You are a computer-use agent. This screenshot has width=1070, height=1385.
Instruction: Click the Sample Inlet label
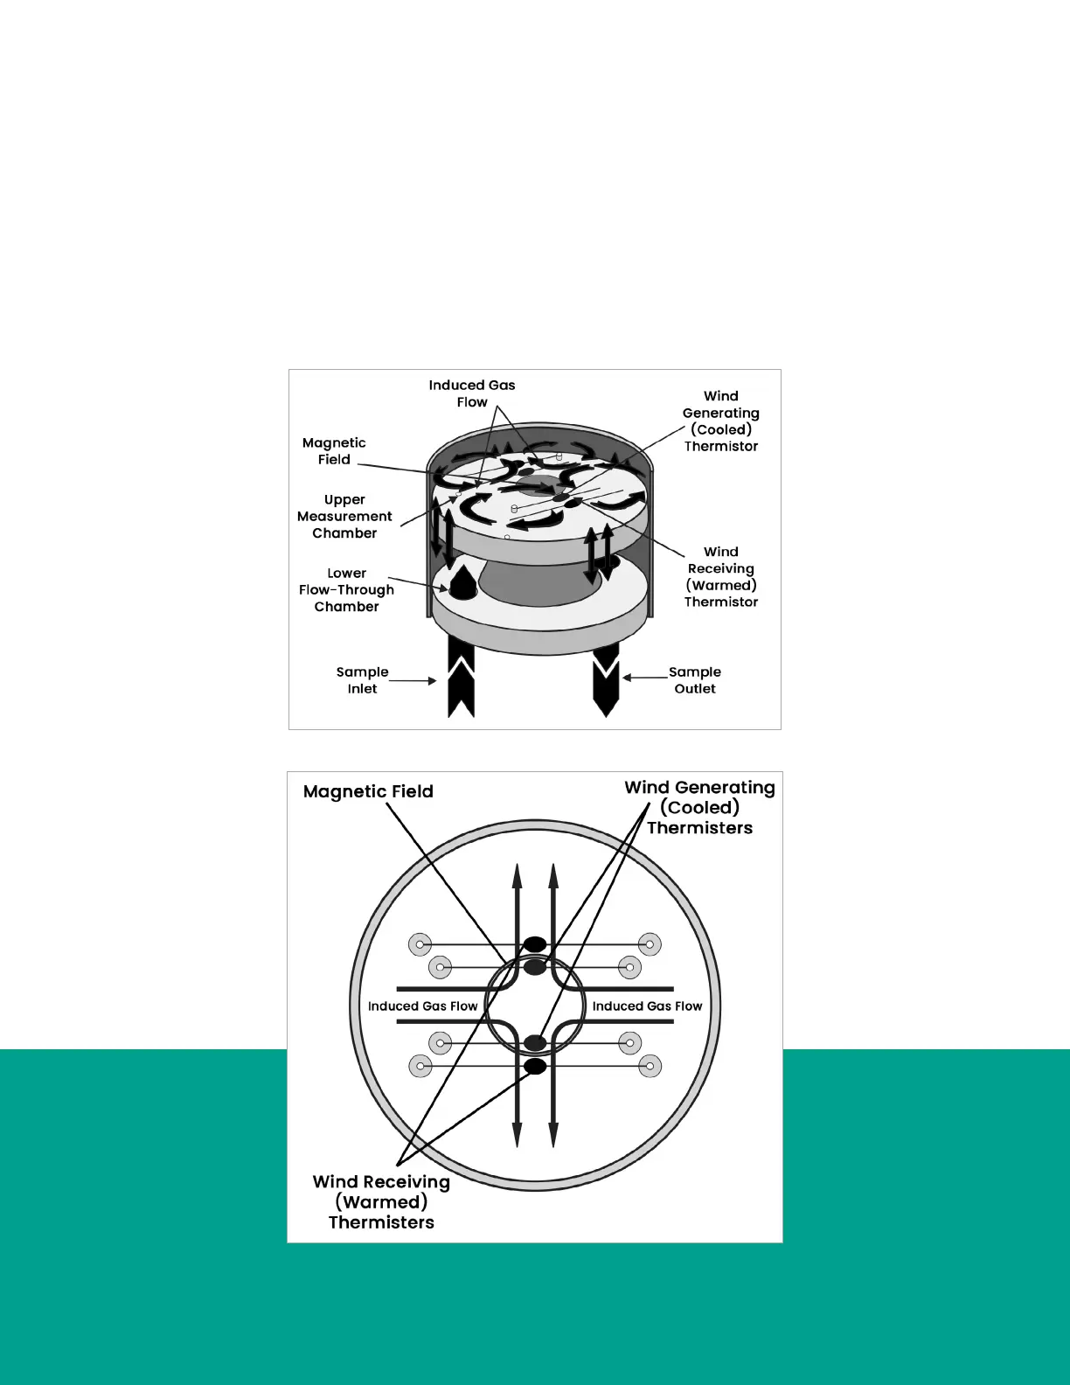point(362,680)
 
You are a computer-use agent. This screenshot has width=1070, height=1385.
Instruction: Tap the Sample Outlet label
point(695,680)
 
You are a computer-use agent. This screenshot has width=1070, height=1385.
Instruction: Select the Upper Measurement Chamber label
point(344,516)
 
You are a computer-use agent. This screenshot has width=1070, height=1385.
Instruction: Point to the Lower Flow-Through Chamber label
point(346,589)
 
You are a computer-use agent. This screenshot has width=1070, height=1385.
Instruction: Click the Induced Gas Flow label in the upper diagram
point(472,393)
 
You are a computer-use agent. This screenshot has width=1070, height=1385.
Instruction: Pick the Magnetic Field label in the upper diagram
point(334,451)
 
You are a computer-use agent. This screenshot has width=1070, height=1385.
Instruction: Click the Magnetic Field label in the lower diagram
point(368,791)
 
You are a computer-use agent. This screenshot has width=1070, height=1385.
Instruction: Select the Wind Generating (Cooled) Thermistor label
point(721,421)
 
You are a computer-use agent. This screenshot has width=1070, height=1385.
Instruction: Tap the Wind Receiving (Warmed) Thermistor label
point(721,576)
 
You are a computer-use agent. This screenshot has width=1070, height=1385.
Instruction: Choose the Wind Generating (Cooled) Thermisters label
point(699,807)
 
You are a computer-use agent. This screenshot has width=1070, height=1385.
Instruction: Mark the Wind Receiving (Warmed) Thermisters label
point(381,1201)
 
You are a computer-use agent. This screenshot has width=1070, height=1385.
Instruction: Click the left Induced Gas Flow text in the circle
point(422,1006)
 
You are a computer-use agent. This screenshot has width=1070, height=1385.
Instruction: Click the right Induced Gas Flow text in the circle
point(647,1006)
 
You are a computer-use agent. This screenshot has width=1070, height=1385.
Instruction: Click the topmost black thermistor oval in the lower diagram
point(535,944)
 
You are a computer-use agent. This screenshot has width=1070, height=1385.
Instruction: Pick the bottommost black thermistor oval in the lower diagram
point(535,1067)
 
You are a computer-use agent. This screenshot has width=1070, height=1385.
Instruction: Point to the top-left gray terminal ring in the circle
point(420,944)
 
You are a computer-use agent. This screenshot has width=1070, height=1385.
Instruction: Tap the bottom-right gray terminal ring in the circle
point(650,1067)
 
